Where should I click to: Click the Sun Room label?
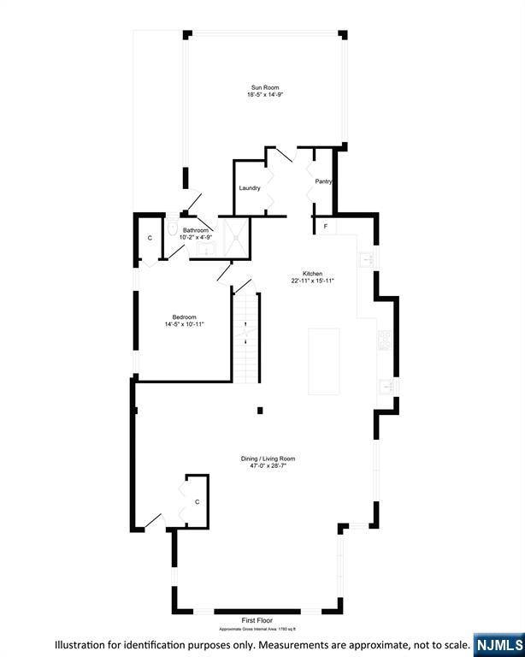pos(265,87)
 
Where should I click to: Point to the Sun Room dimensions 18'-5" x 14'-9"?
pos(265,95)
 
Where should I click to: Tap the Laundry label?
pos(250,188)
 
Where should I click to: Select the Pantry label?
pos(323,181)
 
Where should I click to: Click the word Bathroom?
pos(196,230)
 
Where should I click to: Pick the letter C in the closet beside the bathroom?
pos(150,237)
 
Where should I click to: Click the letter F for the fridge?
pos(325,227)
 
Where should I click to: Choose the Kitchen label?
pos(311,273)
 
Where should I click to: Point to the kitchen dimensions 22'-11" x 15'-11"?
pos(311,281)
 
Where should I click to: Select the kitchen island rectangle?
pos(324,360)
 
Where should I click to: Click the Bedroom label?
pos(185,317)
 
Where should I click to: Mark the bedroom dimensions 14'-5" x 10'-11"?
pos(185,324)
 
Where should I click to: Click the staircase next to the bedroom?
pos(245,338)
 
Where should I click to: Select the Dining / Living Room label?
pos(268,459)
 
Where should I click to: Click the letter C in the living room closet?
pos(197,501)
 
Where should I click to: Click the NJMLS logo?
pos(498,643)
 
